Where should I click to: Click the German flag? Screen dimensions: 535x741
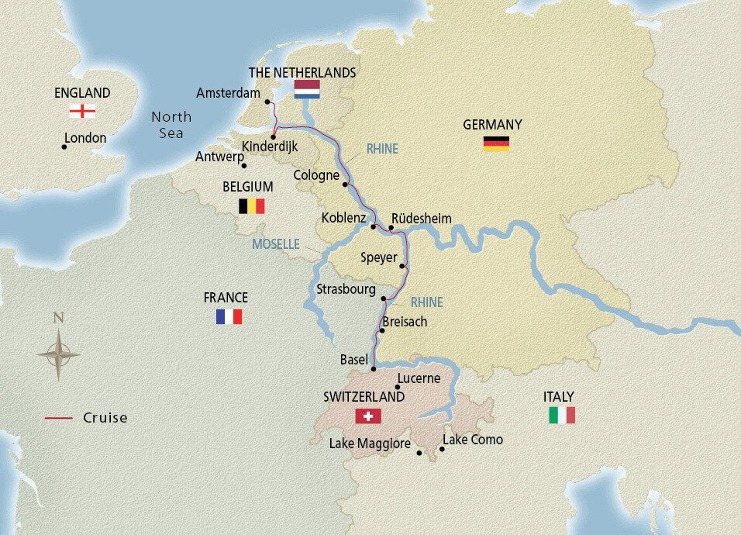(496, 143)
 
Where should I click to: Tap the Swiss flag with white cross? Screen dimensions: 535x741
(368, 416)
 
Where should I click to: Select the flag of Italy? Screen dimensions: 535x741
(562, 416)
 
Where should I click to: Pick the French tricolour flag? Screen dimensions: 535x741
(229, 316)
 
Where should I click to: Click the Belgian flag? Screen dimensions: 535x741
(251, 205)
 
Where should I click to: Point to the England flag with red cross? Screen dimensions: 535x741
(82, 111)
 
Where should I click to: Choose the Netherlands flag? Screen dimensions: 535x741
(306, 89)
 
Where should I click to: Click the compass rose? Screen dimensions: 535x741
(58, 354)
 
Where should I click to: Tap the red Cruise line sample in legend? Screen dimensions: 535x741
(59, 418)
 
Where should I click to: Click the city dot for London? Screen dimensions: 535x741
(64, 147)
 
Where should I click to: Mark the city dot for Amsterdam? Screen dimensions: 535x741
(267, 102)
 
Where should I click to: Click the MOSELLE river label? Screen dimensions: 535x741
(275, 244)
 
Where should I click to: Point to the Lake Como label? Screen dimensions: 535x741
(472, 440)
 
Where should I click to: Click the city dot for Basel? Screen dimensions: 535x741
(373, 368)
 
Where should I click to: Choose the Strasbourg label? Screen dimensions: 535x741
(346, 289)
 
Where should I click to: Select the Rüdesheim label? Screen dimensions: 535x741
(421, 219)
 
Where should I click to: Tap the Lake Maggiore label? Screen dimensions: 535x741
(370, 444)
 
